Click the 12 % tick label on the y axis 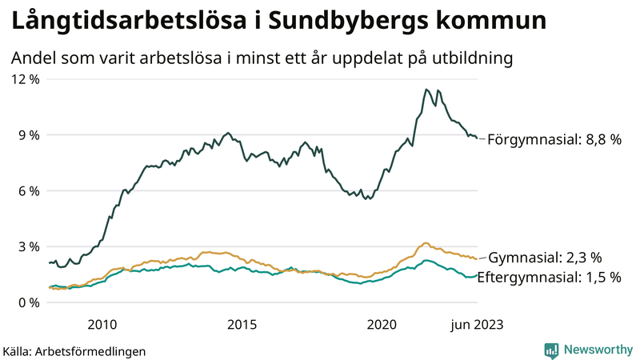point(24,79)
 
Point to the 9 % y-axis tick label point(27,135)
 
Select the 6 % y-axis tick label point(27,191)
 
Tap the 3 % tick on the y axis point(27,247)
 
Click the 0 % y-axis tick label point(27,303)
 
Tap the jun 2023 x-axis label point(477,325)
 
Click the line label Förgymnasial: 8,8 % point(554,139)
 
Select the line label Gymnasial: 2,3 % point(544,258)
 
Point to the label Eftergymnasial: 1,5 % point(554,278)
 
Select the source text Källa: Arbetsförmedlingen point(74,351)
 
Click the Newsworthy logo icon point(551,350)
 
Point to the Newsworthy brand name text point(597,350)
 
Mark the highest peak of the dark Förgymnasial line point(426,89)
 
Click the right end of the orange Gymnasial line point(478,258)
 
